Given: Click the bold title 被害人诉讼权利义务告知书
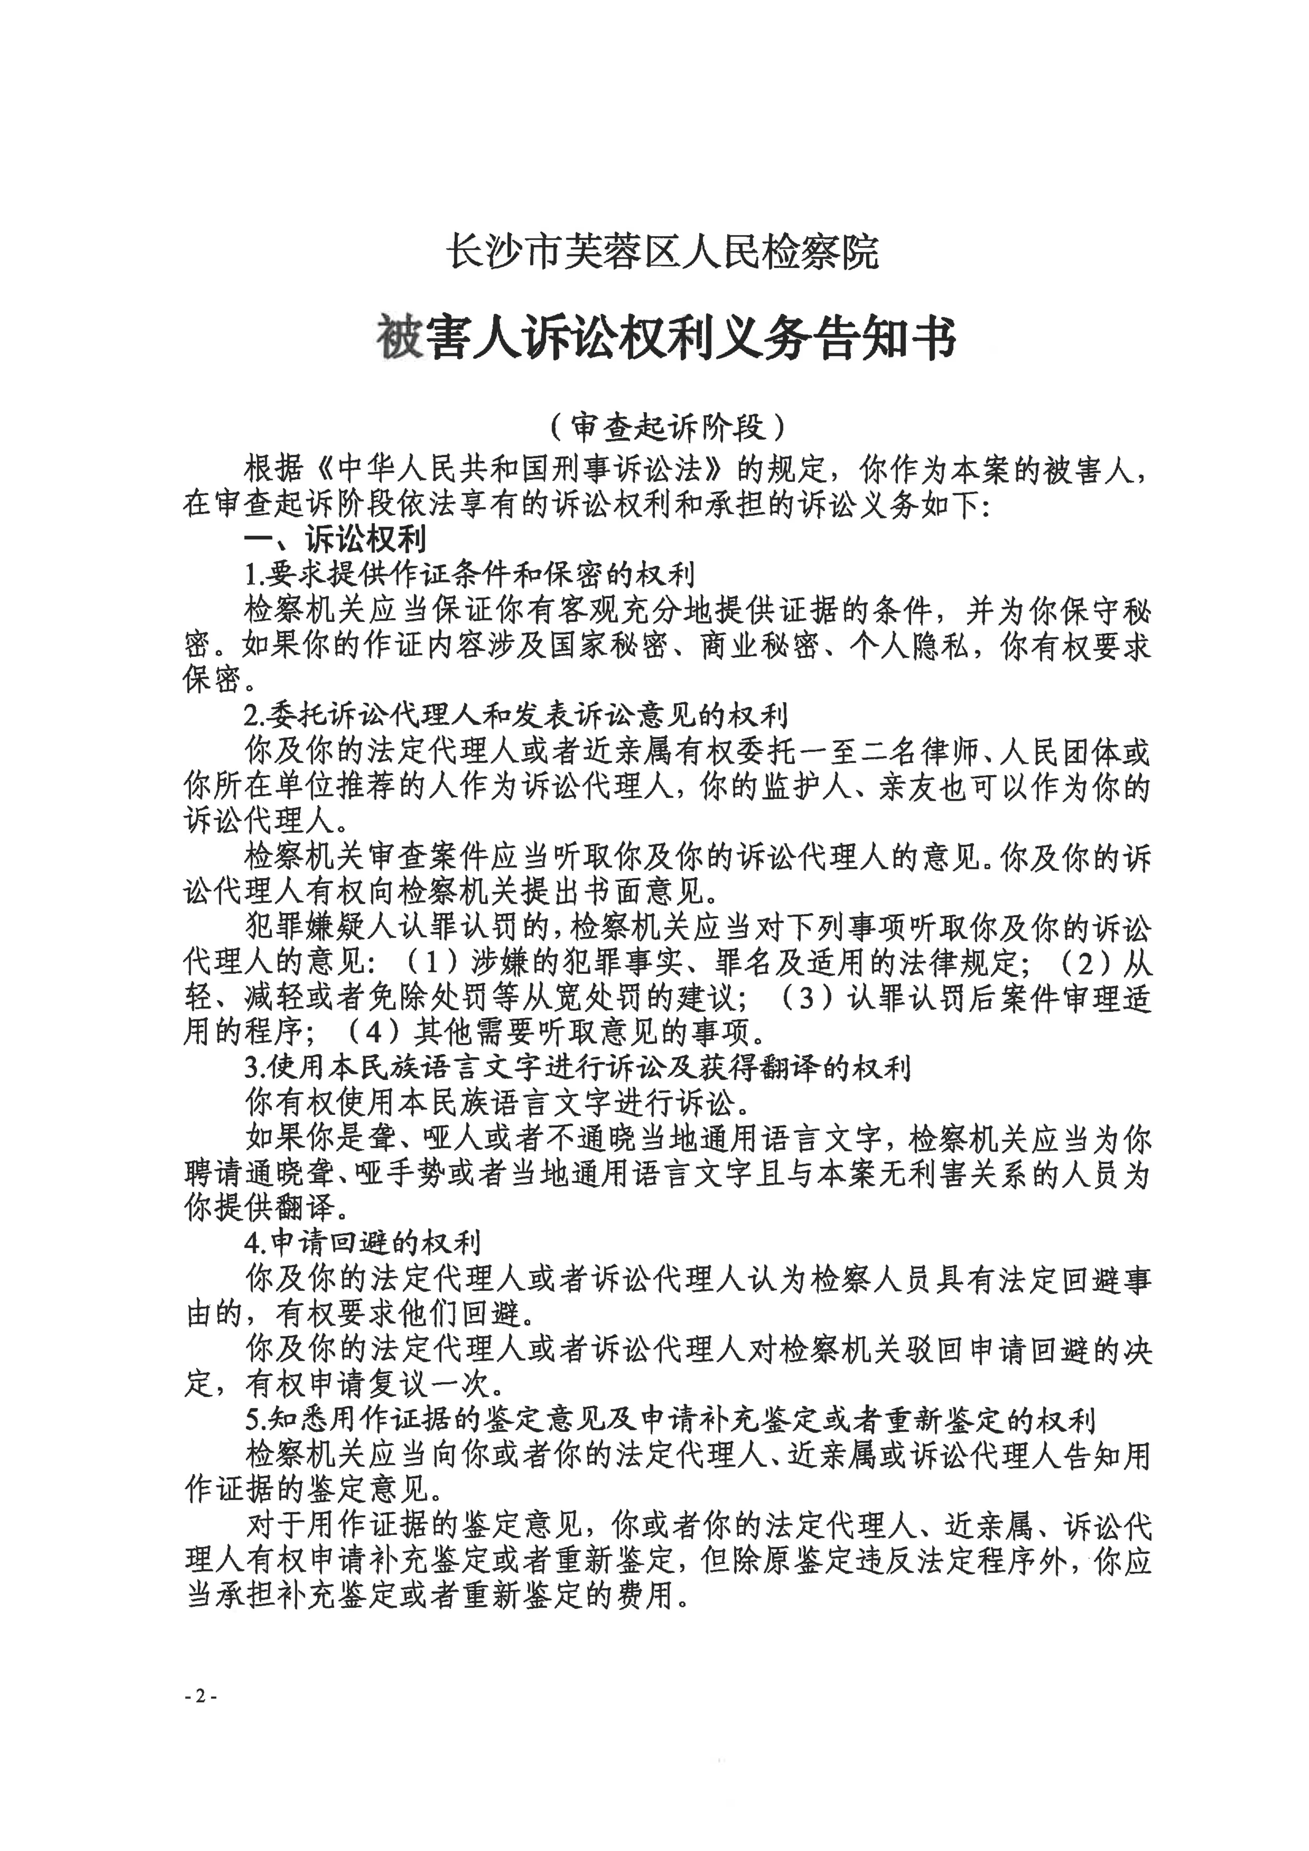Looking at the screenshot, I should [666, 338].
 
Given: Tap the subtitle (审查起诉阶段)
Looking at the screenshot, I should [666, 427].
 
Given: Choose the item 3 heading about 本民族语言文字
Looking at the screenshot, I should [577, 1068].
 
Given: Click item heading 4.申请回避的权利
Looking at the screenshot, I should [363, 1243].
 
